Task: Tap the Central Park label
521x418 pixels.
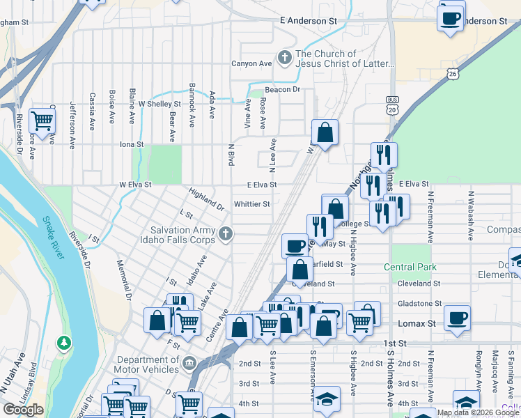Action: [410, 267]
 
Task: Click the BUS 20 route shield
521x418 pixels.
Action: [392, 106]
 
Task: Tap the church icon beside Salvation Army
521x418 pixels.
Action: [225, 235]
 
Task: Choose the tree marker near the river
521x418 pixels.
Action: [64, 343]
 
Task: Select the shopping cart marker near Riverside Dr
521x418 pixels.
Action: [43, 120]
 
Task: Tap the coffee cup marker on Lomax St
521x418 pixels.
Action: [457, 318]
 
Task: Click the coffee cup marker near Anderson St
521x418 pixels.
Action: [450, 17]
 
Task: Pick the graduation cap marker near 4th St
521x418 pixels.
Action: [326, 399]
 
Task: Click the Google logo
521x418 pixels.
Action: [24, 410]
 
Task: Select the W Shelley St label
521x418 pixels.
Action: [160, 104]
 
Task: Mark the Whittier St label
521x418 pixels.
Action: [252, 204]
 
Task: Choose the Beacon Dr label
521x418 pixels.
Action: [282, 90]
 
